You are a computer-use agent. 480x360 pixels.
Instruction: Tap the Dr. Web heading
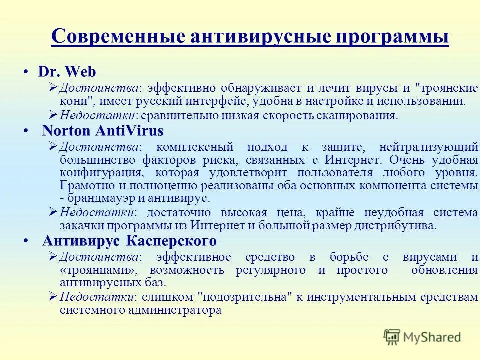pos(67,72)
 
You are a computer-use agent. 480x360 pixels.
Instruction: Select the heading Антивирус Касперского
pos(129,241)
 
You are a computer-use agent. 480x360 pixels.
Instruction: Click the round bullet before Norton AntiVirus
pos(25,131)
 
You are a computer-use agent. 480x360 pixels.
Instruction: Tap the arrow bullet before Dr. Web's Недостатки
pos(53,115)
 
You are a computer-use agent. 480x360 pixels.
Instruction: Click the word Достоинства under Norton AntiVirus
pos(99,147)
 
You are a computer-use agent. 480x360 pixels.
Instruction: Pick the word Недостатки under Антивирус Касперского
pos(97,297)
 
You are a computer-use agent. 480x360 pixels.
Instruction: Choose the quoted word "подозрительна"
pos(245,297)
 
